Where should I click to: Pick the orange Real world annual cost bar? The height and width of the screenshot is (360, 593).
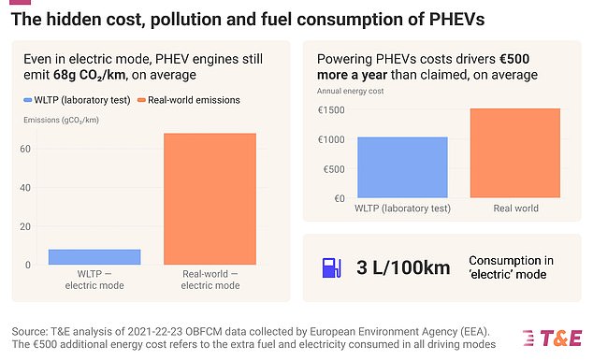514,153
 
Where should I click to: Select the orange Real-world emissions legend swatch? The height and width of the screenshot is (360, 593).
141,99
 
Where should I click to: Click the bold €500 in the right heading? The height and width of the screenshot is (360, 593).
543,58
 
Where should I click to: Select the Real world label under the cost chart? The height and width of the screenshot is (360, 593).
514,209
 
